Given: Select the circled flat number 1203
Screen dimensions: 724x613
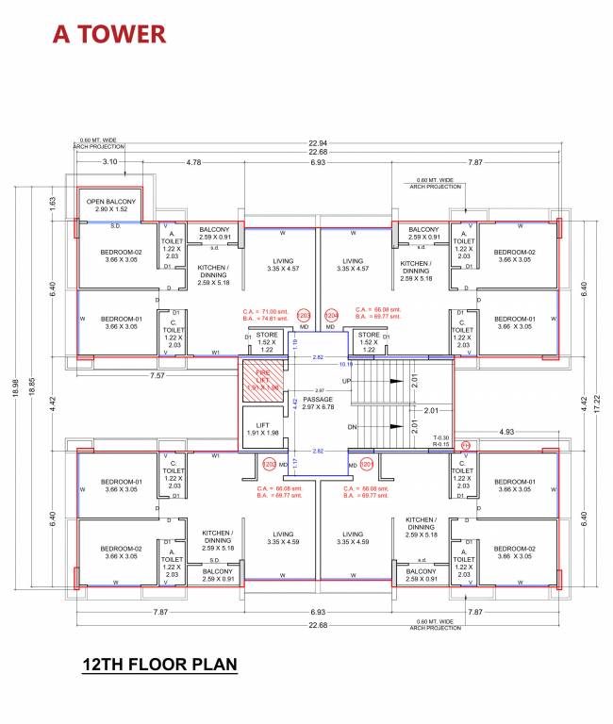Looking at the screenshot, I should coord(304,316).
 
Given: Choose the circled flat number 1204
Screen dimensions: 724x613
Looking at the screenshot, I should coord(331,316).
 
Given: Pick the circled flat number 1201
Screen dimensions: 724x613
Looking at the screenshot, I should coord(367,464).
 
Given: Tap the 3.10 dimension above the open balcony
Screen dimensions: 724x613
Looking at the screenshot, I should coord(108,162).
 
